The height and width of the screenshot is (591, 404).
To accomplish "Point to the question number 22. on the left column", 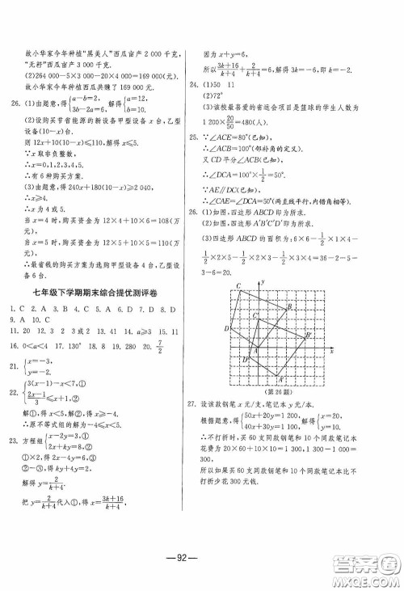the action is [x=11, y=393].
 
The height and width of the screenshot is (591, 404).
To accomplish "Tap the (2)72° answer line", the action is [x=222, y=96].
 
